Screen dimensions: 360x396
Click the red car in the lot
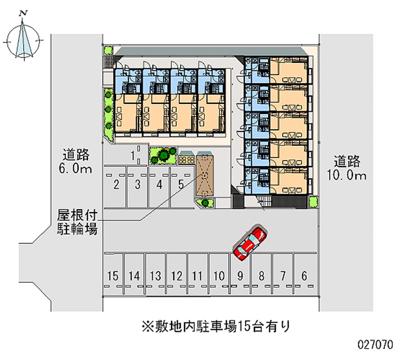pos(250,243)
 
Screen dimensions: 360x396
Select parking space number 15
pos(113,275)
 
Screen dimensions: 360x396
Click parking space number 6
pos(304,275)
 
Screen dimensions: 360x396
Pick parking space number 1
pos(134,155)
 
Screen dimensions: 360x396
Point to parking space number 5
pos(181,185)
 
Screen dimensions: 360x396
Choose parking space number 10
pos(219,275)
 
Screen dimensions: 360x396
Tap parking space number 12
pos(177,275)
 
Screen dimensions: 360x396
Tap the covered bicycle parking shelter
pos(203,175)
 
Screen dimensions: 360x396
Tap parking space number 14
pos(134,275)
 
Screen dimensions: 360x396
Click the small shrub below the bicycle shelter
pos(204,202)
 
